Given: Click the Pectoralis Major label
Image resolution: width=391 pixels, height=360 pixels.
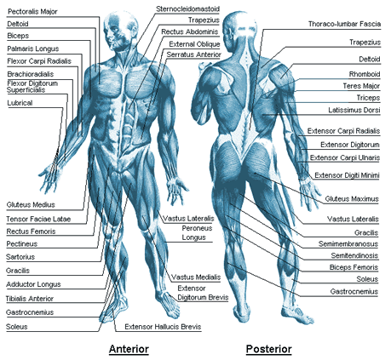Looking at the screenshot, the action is point(32,12).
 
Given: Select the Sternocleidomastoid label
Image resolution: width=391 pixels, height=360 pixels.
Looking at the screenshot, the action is point(187,9).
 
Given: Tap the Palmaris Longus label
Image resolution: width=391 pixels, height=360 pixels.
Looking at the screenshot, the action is point(33,49).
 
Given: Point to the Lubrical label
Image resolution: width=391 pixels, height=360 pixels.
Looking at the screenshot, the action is point(20,103).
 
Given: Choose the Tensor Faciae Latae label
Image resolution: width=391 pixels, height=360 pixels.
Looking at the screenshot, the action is point(38,219).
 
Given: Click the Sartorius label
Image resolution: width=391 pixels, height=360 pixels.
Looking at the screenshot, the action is point(20,257).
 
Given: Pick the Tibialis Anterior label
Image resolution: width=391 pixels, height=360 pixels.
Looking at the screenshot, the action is point(30,299).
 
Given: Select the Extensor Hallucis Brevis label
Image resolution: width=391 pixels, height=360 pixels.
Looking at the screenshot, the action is point(163,327).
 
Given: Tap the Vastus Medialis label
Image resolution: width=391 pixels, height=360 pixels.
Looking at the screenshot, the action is point(196,277).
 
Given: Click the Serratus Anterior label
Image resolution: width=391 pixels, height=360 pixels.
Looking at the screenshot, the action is point(193,54).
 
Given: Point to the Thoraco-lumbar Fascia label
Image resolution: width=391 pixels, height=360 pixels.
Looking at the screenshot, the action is point(344,24).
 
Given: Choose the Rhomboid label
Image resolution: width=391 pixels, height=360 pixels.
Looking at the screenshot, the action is point(365,74).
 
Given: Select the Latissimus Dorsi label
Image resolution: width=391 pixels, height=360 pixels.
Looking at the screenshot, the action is point(354,110).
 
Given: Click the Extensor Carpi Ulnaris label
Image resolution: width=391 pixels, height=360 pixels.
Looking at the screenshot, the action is point(345,157).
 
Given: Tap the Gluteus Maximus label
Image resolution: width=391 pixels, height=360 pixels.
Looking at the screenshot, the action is point(352,199).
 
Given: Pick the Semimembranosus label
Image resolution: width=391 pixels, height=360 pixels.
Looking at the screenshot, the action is point(348,244).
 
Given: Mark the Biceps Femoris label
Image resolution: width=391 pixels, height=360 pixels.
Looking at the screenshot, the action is point(354,267).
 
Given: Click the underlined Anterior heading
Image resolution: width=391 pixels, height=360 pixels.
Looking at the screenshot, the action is point(129,349).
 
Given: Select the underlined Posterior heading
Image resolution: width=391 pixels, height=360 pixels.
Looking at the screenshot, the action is point(268,349).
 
